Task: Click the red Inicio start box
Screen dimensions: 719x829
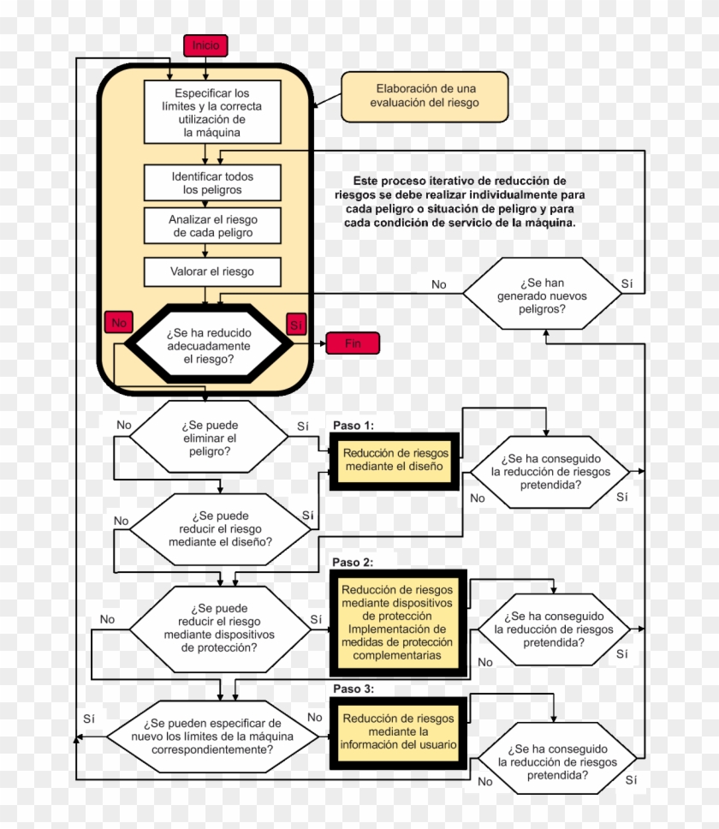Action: click(205, 45)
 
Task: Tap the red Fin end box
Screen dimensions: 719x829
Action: click(353, 343)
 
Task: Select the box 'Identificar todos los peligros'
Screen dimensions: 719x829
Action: click(212, 183)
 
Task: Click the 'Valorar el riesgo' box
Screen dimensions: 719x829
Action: click(212, 271)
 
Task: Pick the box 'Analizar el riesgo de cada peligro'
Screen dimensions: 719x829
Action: click(212, 226)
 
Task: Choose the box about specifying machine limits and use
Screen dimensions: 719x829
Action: click(212, 112)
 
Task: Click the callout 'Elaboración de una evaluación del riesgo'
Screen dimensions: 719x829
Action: click(425, 97)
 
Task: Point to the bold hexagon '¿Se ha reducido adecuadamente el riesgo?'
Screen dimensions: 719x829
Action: click(209, 343)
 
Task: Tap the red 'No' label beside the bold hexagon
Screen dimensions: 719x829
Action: click(119, 323)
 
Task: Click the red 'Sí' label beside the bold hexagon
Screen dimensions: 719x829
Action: click(296, 325)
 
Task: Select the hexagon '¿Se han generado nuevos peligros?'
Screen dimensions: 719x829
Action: click(542, 294)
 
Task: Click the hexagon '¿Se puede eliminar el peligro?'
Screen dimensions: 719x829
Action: click(209, 437)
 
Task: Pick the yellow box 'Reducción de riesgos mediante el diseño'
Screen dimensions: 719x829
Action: click(395, 461)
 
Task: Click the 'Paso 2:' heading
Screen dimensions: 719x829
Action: click(353, 563)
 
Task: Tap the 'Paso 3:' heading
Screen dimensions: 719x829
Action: click(354, 689)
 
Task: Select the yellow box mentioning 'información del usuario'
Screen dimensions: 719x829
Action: click(398, 732)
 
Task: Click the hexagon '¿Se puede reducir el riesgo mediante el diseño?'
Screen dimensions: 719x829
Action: click(220, 529)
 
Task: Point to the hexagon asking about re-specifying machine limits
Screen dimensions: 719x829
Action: click(212, 737)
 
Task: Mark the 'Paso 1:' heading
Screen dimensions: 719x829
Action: click(354, 426)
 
